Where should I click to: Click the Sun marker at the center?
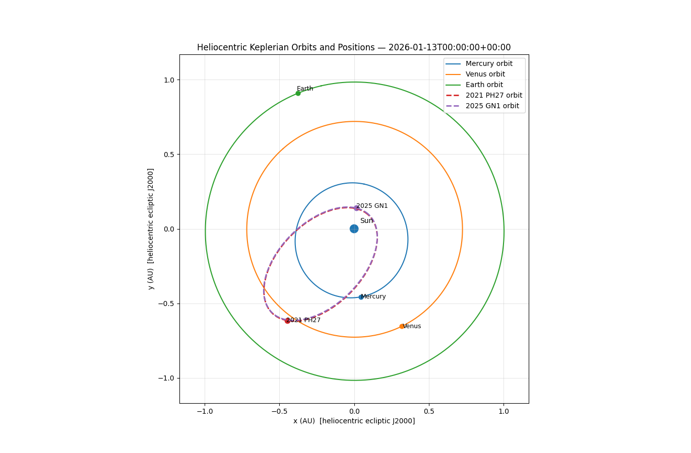(354, 229)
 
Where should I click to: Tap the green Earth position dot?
(298, 93)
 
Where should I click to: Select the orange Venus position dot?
(402, 326)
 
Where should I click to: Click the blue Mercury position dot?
(361, 297)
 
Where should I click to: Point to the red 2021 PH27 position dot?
(287, 321)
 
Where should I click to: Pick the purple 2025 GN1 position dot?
(356, 208)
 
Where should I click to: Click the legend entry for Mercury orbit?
(488, 64)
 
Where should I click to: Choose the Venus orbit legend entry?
(485, 74)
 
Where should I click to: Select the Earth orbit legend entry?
(484, 85)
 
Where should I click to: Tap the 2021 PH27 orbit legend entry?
(493, 96)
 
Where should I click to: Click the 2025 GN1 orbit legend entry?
(492, 106)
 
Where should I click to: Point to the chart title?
(354, 47)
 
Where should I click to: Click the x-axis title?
(354, 421)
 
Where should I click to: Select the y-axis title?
(151, 229)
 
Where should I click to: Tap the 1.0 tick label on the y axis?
(169, 80)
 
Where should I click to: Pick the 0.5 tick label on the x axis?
(429, 411)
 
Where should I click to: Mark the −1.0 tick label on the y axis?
(166, 378)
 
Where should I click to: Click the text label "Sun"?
(366, 220)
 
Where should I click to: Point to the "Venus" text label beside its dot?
(412, 326)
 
